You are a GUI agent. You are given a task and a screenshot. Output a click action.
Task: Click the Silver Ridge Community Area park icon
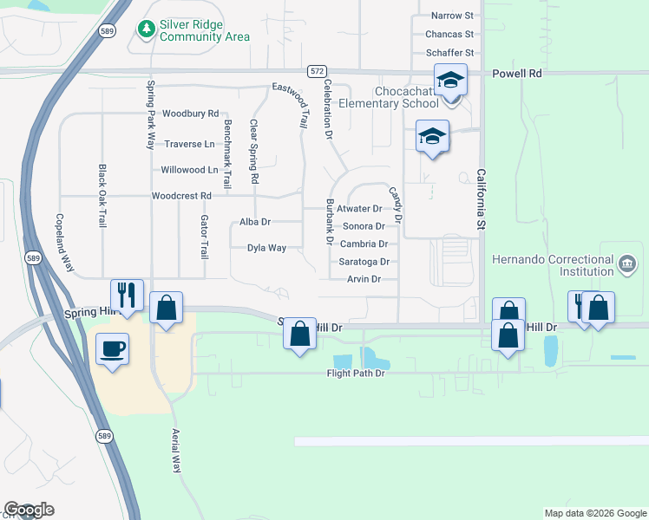coord(146,29)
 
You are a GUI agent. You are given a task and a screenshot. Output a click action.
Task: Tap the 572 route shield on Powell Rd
coord(316,70)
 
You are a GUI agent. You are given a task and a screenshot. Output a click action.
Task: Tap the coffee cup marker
coord(112,349)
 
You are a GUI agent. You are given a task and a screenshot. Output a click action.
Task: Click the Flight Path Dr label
coord(355,374)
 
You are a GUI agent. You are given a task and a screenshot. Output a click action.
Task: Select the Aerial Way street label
coord(176,450)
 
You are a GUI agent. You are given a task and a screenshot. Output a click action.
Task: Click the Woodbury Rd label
coord(190,114)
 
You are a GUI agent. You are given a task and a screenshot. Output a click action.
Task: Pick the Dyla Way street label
coord(266,248)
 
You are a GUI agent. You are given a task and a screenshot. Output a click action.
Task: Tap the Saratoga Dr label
coord(364,262)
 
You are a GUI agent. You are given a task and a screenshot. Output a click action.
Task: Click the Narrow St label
coord(452,16)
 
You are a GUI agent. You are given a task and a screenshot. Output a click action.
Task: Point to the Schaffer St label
coord(449,53)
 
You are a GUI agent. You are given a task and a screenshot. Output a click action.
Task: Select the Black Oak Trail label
coord(102,196)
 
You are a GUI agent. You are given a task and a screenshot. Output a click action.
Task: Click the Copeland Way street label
coord(61,244)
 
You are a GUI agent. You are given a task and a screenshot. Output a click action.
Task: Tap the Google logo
coord(29,509)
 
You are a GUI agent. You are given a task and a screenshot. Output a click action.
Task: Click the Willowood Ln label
coord(189,170)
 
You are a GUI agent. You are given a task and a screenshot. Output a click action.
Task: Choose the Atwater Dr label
coord(359,209)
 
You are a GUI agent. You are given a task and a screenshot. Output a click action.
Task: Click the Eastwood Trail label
coord(291,105)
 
